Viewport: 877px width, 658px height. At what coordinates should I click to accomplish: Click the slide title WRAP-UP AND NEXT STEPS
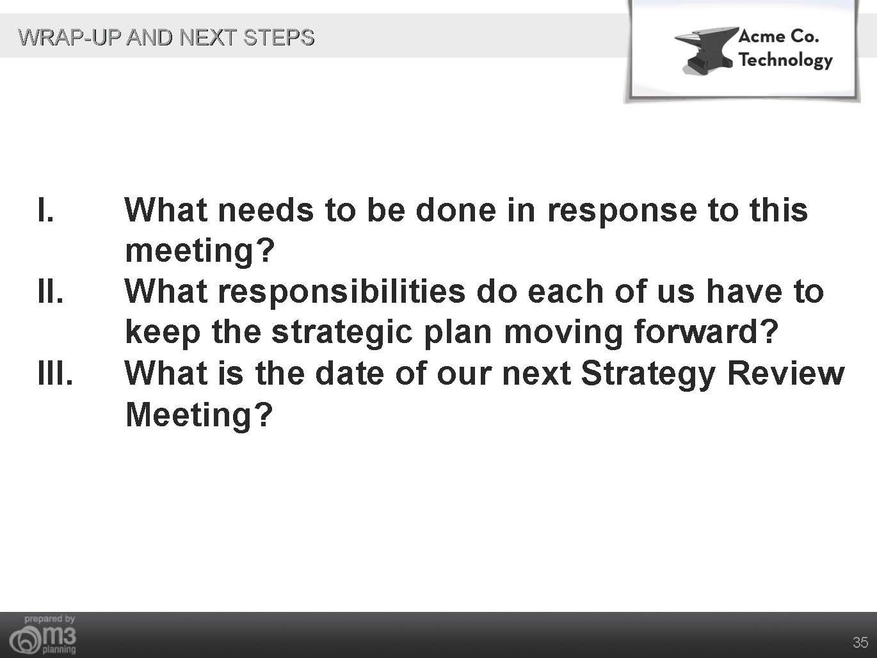166,38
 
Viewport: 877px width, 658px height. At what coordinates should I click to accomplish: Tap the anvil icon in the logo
706,51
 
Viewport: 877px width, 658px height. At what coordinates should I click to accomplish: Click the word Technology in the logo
785,60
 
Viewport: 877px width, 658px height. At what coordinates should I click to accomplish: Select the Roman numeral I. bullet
45,210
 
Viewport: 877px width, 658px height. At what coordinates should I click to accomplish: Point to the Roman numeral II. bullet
51,291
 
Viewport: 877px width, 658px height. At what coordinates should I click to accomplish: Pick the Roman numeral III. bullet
56,373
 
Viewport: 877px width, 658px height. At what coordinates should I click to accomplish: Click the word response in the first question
622,213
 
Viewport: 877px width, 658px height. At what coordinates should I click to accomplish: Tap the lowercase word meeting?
200,252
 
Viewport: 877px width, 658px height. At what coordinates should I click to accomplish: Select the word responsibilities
342,293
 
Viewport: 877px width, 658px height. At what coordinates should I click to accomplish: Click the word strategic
342,333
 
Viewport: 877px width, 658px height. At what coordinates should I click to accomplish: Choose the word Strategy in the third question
648,375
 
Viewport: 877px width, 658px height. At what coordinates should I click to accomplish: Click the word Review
785,373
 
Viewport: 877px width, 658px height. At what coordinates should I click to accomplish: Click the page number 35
860,643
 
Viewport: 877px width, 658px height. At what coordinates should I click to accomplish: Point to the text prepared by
49,619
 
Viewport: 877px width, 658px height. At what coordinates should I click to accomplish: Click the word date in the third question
350,373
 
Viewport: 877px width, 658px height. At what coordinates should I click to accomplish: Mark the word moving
563,333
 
